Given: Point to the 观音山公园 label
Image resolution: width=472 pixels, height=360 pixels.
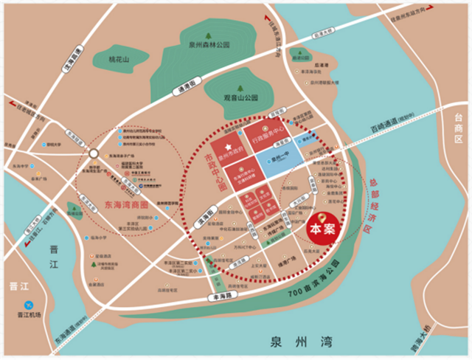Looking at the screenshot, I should (x=241, y=97).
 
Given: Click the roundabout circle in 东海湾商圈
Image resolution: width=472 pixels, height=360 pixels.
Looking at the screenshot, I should (x=94, y=154).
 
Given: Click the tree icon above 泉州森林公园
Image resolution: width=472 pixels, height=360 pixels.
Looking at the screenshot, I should (x=209, y=35).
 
